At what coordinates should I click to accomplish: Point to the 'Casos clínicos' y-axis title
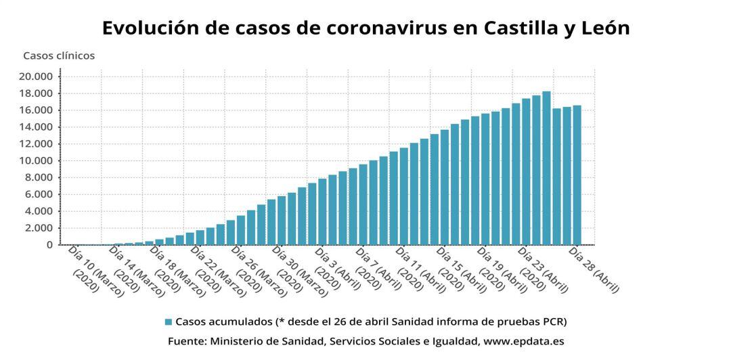(59, 55)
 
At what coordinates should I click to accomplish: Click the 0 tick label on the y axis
(49, 245)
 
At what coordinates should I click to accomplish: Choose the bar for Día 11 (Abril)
(403, 196)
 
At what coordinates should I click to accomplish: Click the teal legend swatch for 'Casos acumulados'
(168, 321)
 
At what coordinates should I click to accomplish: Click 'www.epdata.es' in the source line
(523, 342)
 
